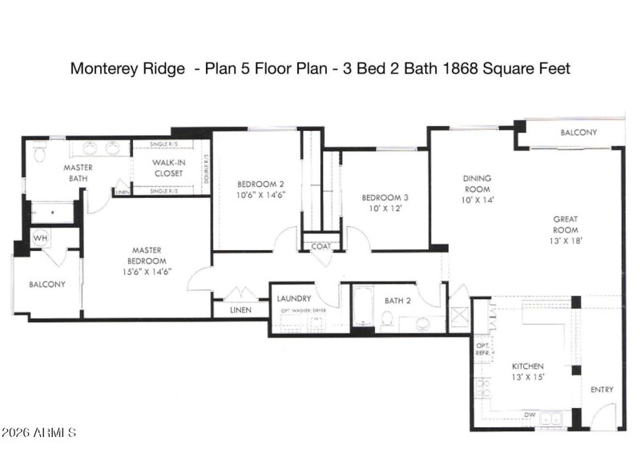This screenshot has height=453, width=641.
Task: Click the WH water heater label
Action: tap(40, 239)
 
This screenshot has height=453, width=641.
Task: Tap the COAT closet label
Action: tap(320, 246)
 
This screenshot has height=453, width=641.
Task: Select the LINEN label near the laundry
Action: tap(240, 310)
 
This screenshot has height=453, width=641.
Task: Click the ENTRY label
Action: tap(602, 390)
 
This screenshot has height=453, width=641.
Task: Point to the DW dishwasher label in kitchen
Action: tap(530, 415)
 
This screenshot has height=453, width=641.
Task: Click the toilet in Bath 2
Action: tap(386, 319)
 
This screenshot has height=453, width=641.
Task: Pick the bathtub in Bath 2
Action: tap(363, 306)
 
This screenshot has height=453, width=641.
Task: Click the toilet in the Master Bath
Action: tap(39, 152)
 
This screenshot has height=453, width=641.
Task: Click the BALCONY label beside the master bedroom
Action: tap(47, 285)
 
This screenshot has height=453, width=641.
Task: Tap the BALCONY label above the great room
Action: tap(578, 132)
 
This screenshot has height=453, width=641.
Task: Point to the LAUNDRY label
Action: tap(293, 298)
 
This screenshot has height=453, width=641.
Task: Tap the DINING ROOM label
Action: tap(477, 184)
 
